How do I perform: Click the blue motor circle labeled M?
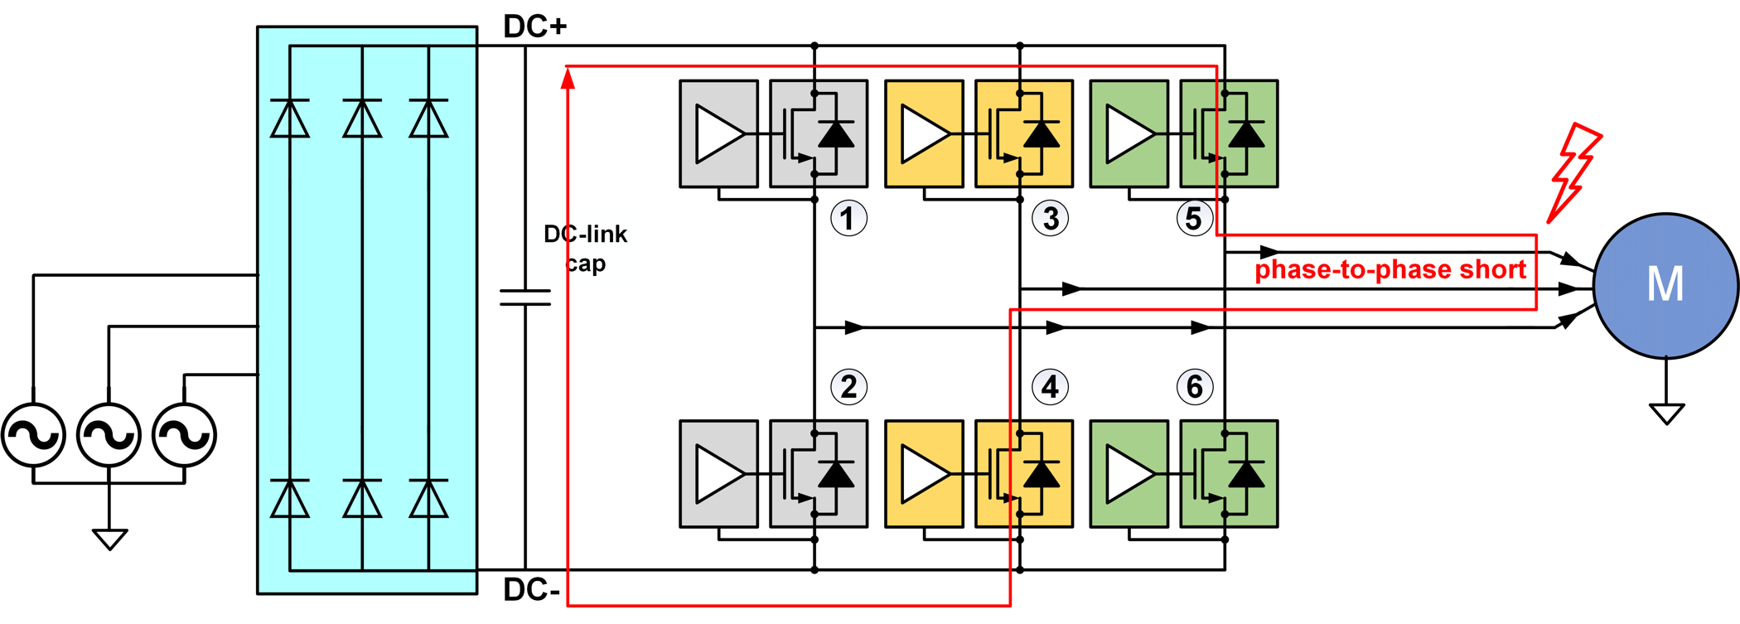point(1665,285)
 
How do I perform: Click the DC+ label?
point(535,27)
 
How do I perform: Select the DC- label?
point(532,590)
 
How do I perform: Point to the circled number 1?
point(848,219)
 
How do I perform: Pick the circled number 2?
point(848,387)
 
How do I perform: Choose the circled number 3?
point(1050,219)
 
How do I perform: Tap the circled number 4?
point(1050,387)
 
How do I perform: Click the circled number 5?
point(1194,219)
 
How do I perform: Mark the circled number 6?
point(1194,387)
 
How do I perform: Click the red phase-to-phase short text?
point(1390,270)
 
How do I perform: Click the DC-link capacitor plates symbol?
point(525,297)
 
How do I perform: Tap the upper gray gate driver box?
point(718,133)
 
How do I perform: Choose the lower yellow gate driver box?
point(924,474)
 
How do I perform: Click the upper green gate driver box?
point(1129,133)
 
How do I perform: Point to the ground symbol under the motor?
point(1666,413)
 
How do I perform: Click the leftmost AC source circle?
point(33,434)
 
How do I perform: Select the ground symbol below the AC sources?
point(109,539)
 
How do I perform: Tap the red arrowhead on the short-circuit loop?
point(568,79)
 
